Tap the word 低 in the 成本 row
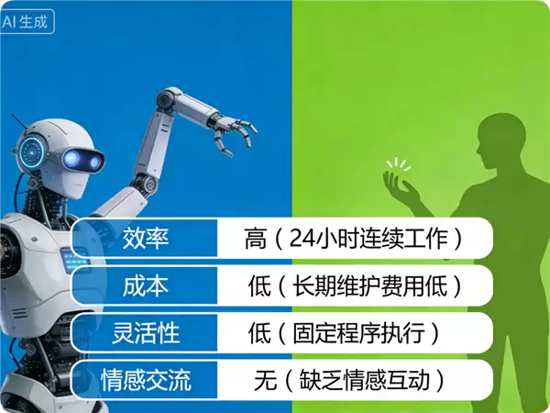pos(259,286)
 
